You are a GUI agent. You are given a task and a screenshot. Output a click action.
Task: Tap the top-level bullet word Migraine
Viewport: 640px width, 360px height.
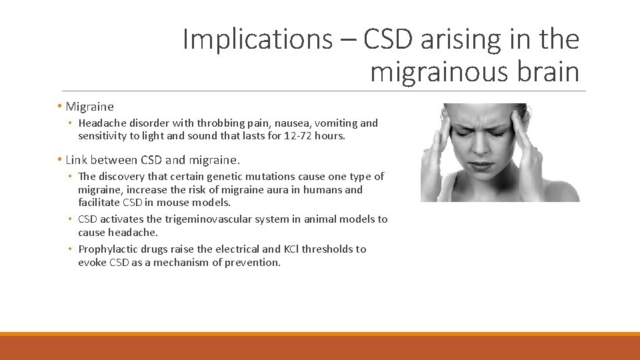point(90,107)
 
